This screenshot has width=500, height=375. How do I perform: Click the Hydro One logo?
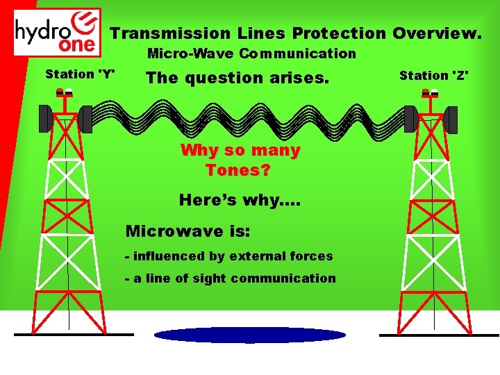point(58,32)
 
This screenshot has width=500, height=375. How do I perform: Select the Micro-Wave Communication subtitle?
point(251,53)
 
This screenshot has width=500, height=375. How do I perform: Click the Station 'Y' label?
point(80,74)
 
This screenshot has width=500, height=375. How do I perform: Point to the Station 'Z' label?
point(434,75)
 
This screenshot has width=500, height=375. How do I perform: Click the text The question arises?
point(237,78)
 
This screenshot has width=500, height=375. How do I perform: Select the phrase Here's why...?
point(240,200)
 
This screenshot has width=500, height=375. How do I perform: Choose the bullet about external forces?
point(228,256)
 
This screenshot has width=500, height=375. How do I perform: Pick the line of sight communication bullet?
point(230,278)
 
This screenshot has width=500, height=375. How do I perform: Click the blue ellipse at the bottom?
point(249,335)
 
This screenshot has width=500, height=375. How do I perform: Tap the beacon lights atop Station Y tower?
point(65,93)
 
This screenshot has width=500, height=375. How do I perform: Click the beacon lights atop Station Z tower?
point(431,93)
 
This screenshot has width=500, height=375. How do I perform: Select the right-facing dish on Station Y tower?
point(85,119)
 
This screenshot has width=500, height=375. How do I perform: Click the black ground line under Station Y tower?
point(73,335)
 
